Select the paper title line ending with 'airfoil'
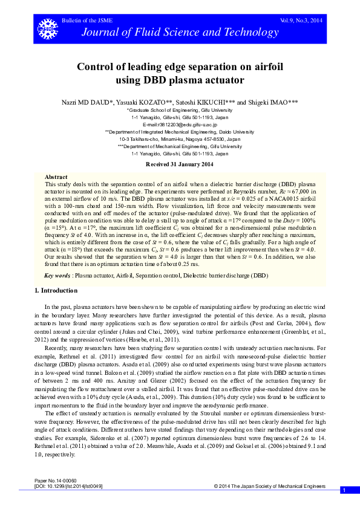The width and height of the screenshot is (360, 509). [x=180, y=66]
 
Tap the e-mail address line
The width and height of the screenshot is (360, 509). [x=180, y=124]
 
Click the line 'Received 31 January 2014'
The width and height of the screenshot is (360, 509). [x=180, y=164]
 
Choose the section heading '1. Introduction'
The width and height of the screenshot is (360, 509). [x=56, y=291]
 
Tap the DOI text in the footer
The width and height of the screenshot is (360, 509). [x=69, y=486]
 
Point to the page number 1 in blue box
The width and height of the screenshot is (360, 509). [x=343, y=490]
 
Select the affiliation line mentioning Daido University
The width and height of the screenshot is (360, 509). [x=180, y=131]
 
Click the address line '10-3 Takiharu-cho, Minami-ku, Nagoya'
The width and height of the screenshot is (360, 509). [x=180, y=138]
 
